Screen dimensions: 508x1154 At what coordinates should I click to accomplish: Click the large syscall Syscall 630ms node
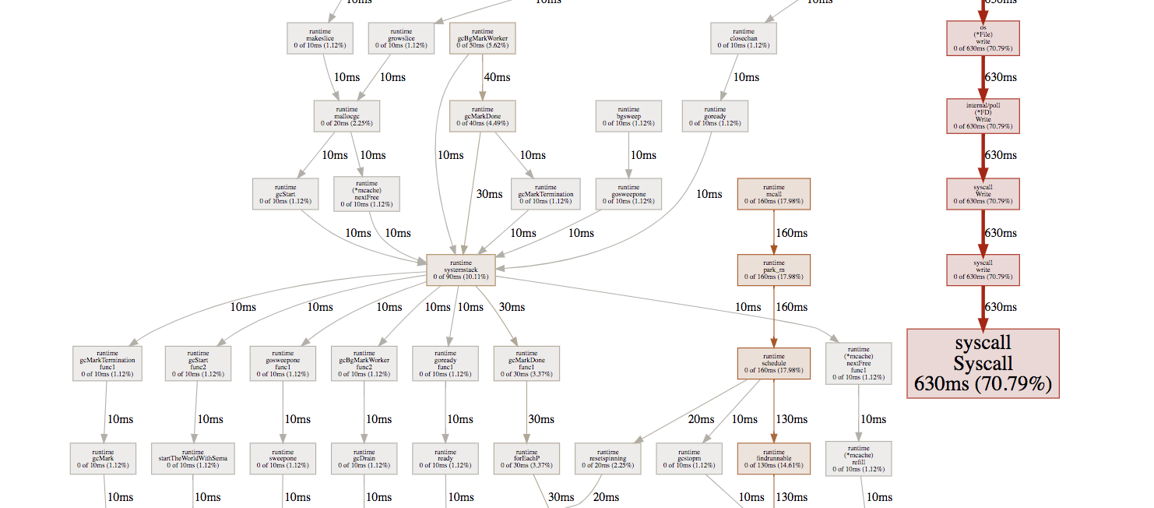click(983, 364)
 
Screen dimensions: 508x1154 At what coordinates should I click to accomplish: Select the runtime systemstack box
click(460, 270)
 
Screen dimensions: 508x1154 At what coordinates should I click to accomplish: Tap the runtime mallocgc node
click(347, 115)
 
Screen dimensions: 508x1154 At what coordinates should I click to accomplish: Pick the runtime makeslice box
click(320, 38)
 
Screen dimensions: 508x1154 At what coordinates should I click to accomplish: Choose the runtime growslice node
click(401, 38)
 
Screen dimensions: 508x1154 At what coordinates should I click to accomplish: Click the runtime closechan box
click(744, 38)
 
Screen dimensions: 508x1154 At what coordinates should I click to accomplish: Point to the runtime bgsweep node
click(628, 115)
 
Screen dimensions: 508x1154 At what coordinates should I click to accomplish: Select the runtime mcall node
click(773, 194)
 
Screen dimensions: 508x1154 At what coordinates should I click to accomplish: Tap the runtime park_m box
click(773, 270)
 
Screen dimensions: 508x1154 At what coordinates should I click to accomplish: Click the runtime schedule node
click(773, 364)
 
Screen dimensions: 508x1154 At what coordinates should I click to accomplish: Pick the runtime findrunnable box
click(773, 459)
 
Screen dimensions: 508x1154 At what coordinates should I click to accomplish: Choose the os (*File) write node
click(983, 38)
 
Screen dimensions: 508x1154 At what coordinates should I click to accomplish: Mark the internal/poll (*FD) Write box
click(983, 115)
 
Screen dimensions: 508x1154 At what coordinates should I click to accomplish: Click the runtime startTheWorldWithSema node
click(192, 459)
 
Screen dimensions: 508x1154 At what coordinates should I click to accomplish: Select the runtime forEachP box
click(526, 459)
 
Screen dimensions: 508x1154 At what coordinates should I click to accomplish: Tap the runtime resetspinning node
click(607, 459)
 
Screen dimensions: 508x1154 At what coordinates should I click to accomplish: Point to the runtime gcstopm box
click(688, 459)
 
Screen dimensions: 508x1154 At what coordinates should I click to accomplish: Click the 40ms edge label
click(497, 77)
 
